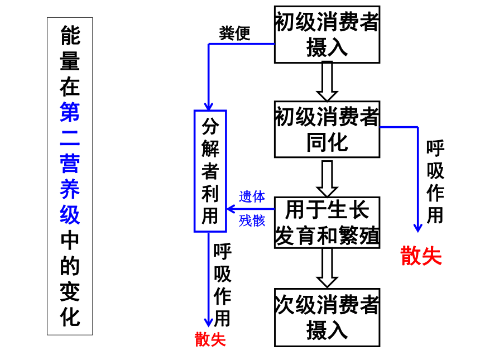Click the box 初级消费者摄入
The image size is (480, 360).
(x=327, y=35)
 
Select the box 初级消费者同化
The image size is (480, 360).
(x=327, y=129)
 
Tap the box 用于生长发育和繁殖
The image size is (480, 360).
(x=327, y=223)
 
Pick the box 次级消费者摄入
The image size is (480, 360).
(x=327, y=318)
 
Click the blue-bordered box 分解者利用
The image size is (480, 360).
(x=210, y=171)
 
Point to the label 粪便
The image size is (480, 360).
(x=235, y=33)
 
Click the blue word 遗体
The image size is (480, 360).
(x=252, y=196)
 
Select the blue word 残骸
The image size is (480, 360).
(x=252, y=220)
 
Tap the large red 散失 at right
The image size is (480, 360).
(x=421, y=256)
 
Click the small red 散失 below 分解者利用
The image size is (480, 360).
(x=210, y=339)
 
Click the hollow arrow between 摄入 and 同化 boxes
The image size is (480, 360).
(x=327, y=81)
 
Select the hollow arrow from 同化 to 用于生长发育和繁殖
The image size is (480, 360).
(x=327, y=179)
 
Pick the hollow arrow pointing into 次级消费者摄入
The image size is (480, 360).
(x=327, y=268)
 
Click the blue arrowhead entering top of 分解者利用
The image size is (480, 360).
(x=209, y=107)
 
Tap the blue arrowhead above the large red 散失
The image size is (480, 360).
(x=418, y=228)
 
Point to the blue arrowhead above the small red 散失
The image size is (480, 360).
(x=209, y=323)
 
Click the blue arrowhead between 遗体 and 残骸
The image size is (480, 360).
(x=231, y=209)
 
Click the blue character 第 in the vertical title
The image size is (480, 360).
(x=70, y=112)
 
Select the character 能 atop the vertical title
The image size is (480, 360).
(x=70, y=35)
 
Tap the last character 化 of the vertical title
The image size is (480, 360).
(x=70, y=317)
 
